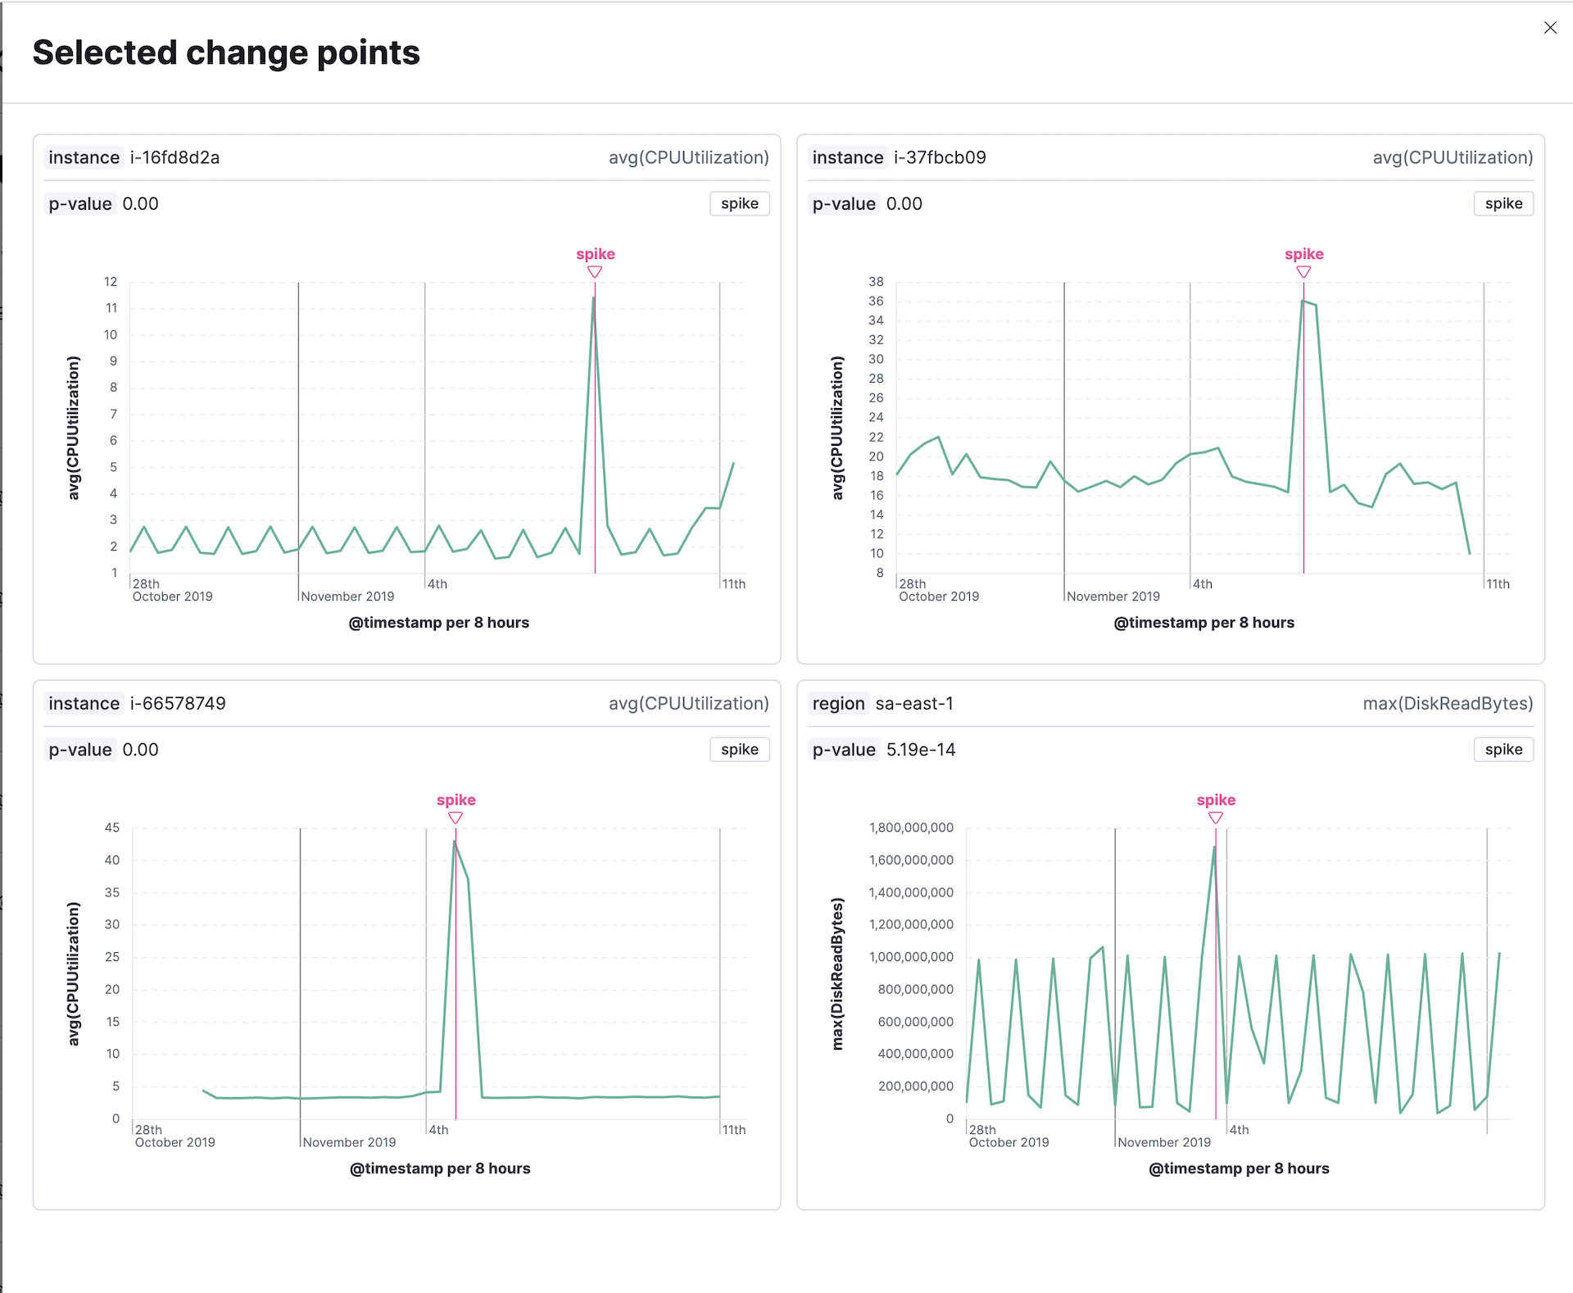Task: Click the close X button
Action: click(x=1550, y=28)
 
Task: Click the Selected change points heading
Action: click(x=226, y=53)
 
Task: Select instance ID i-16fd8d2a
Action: click(x=175, y=157)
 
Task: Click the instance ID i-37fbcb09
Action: click(x=940, y=157)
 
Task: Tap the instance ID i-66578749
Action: click(x=178, y=703)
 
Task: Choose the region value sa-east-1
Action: click(x=914, y=703)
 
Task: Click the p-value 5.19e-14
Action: click(x=921, y=750)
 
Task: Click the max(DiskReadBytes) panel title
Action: click(x=1448, y=703)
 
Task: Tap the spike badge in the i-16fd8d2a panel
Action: click(x=739, y=204)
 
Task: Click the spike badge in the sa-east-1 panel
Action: click(x=1503, y=750)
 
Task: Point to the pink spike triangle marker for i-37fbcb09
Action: click(x=1303, y=272)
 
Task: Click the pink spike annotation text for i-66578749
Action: click(x=456, y=800)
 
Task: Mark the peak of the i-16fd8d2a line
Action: click(x=594, y=297)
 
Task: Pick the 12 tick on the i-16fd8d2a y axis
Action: click(x=111, y=282)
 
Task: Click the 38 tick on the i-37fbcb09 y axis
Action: click(x=876, y=282)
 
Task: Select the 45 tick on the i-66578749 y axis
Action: click(x=111, y=828)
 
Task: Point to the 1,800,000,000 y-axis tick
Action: click(x=911, y=828)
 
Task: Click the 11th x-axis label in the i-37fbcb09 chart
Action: click(x=1498, y=584)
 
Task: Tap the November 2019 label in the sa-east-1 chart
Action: click(x=1163, y=1142)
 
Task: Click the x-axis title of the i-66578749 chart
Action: click(x=440, y=1168)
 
